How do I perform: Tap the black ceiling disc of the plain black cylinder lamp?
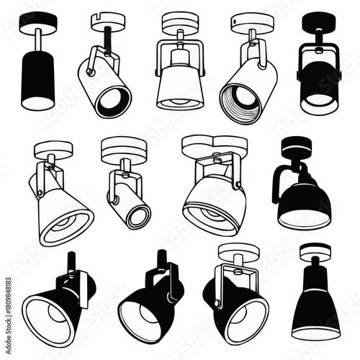(x=37, y=22)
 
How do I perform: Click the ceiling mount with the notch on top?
(x=107, y=22)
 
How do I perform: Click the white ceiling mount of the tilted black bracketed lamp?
(x=238, y=252)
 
